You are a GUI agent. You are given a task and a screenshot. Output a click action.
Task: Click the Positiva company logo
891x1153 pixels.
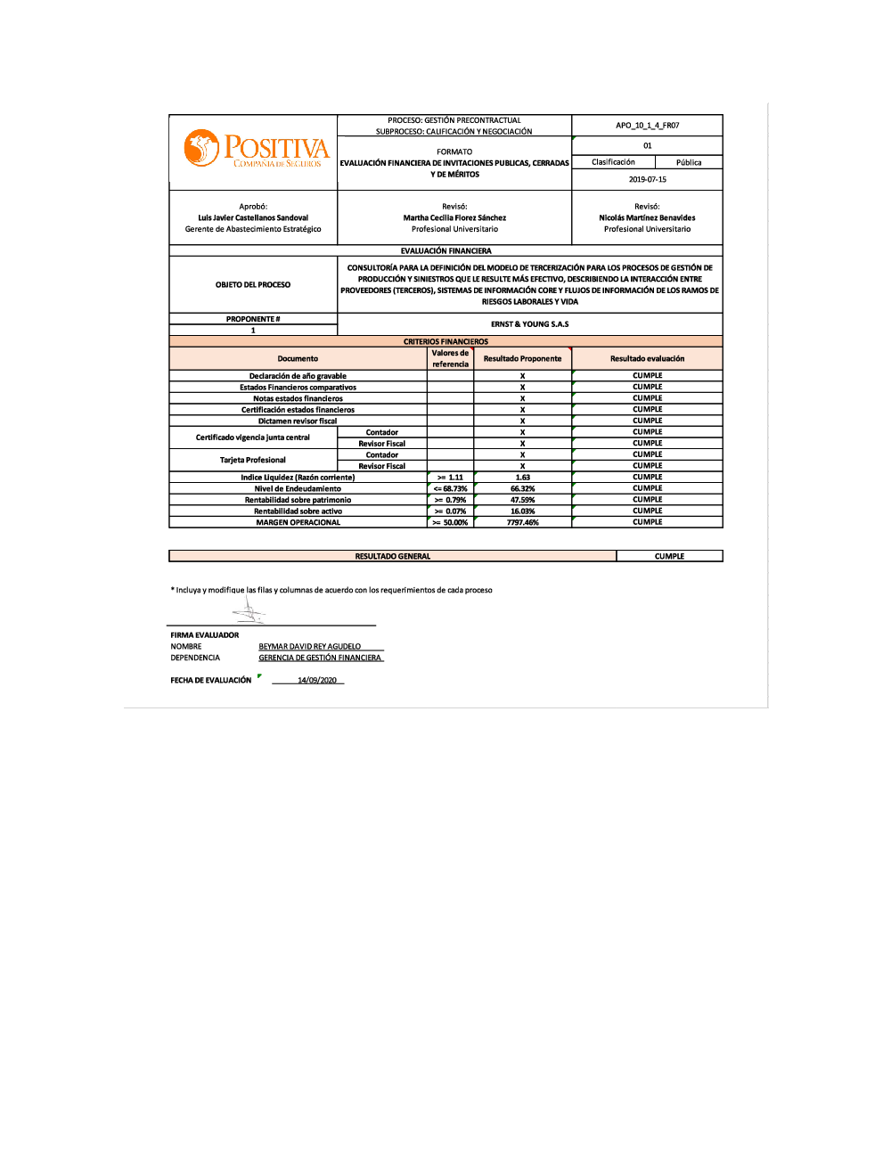(256, 150)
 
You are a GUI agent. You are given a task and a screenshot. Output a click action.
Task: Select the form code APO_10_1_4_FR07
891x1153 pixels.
(647, 126)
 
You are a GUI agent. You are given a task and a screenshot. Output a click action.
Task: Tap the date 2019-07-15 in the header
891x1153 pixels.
(647, 179)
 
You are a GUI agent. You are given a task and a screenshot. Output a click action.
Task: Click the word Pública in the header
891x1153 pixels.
(689, 162)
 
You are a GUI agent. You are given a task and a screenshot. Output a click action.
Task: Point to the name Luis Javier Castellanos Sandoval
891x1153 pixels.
(253, 217)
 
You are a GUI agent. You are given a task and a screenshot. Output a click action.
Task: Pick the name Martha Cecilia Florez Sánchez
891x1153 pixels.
(454, 217)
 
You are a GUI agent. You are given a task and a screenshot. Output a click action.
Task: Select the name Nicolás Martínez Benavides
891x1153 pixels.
(647, 217)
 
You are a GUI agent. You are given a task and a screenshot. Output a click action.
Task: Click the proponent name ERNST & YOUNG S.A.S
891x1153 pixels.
(529, 324)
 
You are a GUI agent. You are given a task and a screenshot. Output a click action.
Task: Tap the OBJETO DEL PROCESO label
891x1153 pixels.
(253, 285)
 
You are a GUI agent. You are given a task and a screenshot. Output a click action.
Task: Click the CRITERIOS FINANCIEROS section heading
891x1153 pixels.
(445, 341)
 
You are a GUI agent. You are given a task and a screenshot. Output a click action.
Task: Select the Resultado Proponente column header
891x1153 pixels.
(522, 358)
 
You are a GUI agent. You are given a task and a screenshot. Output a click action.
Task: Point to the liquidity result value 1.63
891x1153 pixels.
(522, 478)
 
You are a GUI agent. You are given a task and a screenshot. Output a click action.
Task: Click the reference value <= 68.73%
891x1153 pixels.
(450, 489)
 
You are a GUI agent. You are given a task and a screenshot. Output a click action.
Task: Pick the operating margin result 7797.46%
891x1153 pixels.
(522, 523)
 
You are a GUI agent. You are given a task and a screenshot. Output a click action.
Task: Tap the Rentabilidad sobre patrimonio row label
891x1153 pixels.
(298, 500)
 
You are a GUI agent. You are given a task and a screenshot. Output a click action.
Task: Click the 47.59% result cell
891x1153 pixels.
(522, 500)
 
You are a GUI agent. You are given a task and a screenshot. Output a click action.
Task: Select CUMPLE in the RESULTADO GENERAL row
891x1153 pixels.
(669, 556)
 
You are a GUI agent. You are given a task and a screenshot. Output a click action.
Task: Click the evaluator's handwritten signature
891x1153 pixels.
(249, 611)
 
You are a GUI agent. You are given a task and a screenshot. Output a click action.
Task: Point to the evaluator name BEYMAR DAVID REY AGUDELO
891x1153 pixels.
(310, 647)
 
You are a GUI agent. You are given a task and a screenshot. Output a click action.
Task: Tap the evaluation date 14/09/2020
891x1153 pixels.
(317, 681)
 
